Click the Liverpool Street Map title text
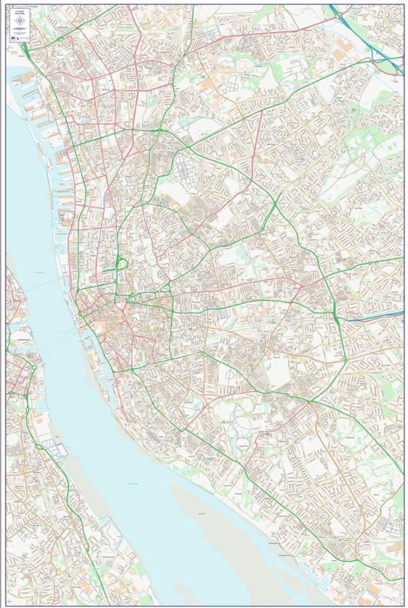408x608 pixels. (19, 11)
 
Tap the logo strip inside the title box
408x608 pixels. (19, 37)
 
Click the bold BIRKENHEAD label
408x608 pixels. (24, 340)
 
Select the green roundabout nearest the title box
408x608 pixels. (60, 38)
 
